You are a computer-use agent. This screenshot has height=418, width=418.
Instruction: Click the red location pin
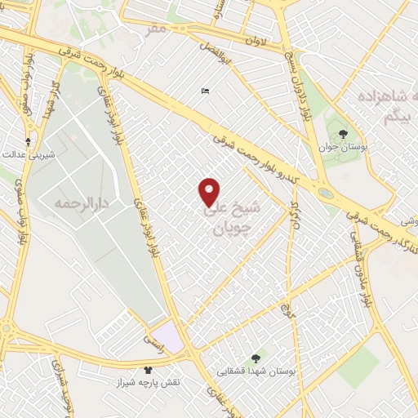[x=209, y=192]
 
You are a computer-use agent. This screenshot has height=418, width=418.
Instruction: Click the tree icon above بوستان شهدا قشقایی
[x=256, y=358]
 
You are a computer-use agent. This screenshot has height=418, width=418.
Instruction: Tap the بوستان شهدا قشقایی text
[x=256, y=371]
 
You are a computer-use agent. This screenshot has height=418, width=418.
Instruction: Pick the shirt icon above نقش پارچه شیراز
[x=148, y=370]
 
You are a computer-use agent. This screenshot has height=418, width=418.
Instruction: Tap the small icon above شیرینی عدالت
[x=29, y=141]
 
